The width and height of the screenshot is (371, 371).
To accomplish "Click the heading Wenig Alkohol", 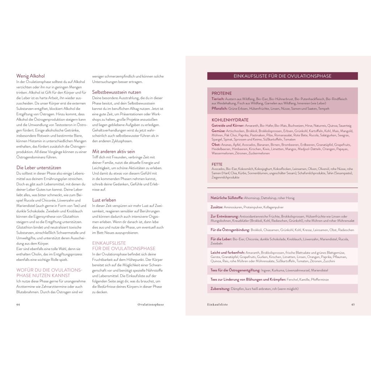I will [x=30, y=76].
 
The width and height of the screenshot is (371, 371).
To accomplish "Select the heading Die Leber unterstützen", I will [x=39, y=168].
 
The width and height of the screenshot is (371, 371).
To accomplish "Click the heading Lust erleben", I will [x=104, y=200].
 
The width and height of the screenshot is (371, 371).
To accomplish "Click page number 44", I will [x=18, y=305].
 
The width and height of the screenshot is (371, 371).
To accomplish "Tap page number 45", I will [x=353, y=305].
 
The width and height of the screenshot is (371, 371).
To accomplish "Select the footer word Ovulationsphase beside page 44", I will [x=151, y=305].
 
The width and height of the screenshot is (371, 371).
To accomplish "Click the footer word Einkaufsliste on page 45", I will [x=217, y=305].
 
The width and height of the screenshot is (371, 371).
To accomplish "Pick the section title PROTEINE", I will [x=221, y=93].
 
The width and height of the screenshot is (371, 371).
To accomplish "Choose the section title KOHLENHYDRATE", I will [x=230, y=120].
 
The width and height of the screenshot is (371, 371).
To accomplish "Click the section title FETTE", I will [x=217, y=164].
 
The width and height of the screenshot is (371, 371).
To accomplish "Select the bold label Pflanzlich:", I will [x=220, y=108].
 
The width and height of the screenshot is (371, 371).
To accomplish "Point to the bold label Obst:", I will [x=216, y=144].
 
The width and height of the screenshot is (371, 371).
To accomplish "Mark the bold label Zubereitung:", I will [x=220, y=289].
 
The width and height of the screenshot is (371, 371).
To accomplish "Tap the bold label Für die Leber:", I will [x=221, y=239].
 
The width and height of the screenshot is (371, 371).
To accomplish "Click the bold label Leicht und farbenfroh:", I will [x=227, y=252].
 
